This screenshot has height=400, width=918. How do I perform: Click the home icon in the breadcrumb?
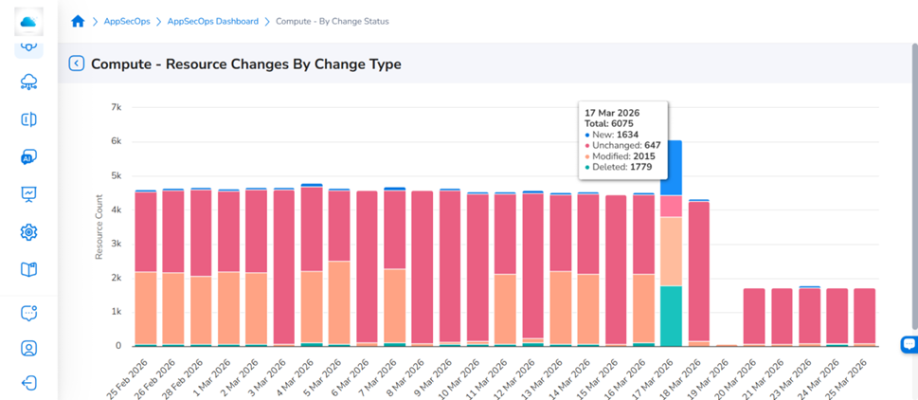point(78,22)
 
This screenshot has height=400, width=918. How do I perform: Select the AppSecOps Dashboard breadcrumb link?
point(213,22)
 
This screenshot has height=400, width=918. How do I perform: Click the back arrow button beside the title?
point(76,64)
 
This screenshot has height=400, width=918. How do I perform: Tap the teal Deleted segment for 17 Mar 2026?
point(671,316)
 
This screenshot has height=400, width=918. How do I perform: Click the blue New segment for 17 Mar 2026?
point(671,168)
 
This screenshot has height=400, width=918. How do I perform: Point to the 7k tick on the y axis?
point(116,108)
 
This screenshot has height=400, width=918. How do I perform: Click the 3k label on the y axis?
point(116,245)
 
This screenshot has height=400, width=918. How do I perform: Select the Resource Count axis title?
point(99,227)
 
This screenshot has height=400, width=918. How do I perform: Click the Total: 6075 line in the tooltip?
point(609,123)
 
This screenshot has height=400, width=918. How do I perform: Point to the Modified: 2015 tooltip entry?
point(620,156)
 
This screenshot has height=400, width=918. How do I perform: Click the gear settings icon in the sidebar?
point(28,232)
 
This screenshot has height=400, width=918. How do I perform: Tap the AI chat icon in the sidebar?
point(28,157)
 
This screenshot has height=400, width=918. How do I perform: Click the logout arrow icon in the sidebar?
point(28,384)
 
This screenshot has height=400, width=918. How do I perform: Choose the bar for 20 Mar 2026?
point(754,317)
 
